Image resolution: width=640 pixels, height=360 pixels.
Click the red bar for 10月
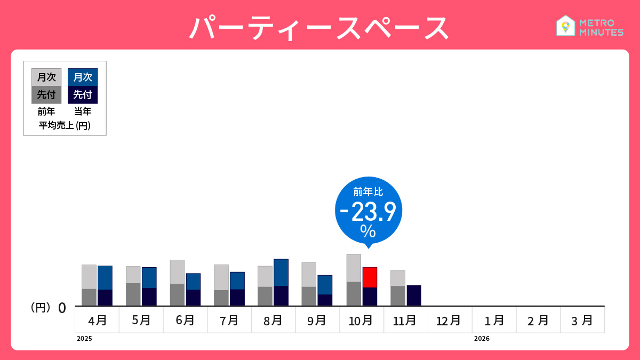tap(370, 277)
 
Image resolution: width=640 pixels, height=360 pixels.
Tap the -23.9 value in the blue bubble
tap(368, 212)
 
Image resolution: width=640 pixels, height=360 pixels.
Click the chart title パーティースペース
tap(319, 28)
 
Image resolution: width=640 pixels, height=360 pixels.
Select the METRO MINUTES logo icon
tap(565, 26)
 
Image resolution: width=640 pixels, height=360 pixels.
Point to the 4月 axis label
tap(97, 321)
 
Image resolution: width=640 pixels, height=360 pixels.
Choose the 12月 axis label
tap(449, 321)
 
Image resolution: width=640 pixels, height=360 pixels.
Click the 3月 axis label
tap(582, 321)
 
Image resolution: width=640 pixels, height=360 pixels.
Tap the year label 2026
tap(481, 339)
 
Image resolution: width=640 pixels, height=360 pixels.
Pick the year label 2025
tap(84, 339)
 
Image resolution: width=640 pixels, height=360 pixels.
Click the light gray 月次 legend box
tap(46, 77)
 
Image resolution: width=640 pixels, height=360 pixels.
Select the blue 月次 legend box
tap(83, 77)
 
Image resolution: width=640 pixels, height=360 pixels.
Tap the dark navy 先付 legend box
tap(83, 95)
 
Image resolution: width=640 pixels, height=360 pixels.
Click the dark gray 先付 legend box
tap(46, 95)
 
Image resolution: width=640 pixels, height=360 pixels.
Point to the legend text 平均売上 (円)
tap(65, 126)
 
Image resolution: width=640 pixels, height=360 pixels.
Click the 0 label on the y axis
tap(62, 308)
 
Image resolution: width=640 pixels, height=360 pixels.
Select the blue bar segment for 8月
tap(281, 272)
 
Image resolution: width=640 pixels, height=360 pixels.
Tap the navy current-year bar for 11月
tap(414, 295)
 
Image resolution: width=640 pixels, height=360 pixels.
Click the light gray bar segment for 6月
tap(177, 271)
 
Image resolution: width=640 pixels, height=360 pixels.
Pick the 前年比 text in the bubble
tap(368, 192)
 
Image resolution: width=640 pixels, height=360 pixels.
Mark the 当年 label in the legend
tap(83, 111)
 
